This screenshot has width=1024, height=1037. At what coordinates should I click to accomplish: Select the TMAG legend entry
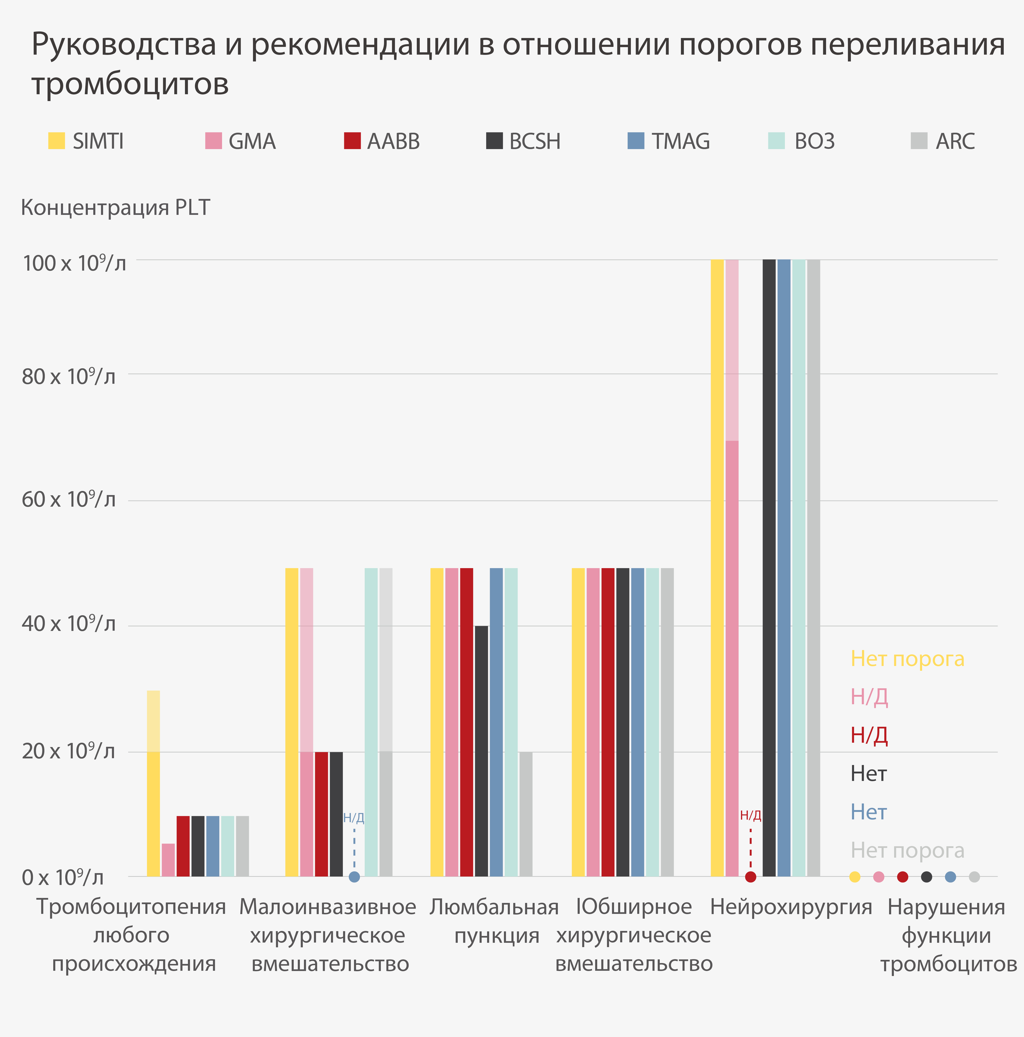[x=669, y=141]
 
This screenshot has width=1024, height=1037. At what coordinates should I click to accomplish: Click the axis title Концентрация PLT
[x=115, y=208]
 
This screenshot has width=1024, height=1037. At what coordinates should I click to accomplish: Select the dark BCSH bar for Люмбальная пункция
[x=481, y=751]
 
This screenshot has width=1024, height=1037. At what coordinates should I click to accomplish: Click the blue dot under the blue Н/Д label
[x=354, y=877]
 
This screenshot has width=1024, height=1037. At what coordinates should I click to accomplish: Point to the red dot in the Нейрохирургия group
[x=751, y=877]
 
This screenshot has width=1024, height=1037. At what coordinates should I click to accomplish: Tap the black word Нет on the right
[x=868, y=774]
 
